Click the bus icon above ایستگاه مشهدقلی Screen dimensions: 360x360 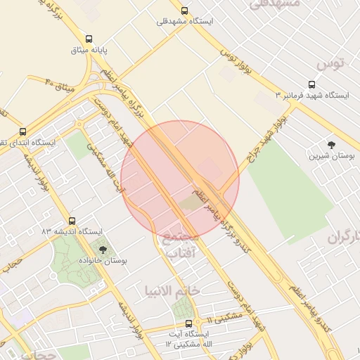pyautogui.click(x=184, y=11)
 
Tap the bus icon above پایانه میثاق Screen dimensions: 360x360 pyautogui.click(x=89, y=39)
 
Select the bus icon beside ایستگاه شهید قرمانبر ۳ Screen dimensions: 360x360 pyautogui.click(x=283, y=94)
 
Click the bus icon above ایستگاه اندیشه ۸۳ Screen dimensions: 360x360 pyautogui.click(x=72, y=220)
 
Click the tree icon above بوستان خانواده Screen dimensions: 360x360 pyautogui.click(x=103, y=249)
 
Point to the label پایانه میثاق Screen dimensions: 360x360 pyautogui.click(x=89, y=51)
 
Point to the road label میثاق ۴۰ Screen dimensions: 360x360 pyautogui.click(x=59, y=86)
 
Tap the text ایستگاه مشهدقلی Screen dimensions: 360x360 pyautogui.click(x=185, y=22)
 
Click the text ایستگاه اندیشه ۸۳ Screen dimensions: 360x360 pyautogui.click(x=72, y=231)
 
